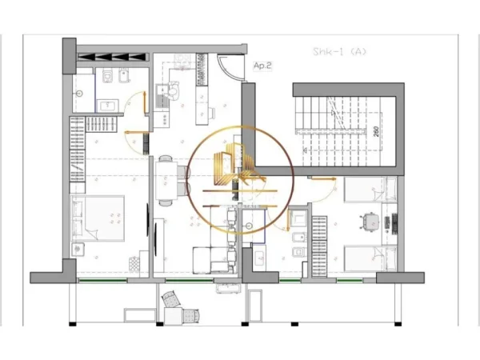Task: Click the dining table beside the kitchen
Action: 165,181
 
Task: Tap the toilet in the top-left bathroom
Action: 106,77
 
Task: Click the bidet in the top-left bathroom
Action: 125,77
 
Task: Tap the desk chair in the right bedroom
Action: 369,220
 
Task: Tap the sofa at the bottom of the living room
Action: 213,259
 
